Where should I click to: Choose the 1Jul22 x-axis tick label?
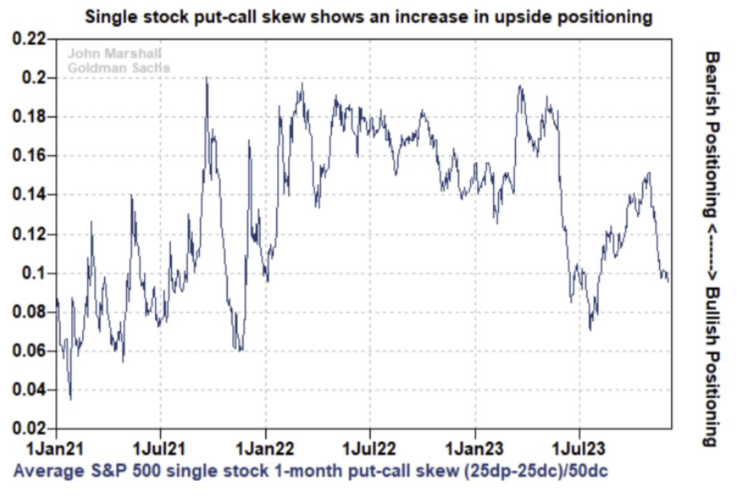pos(370,446)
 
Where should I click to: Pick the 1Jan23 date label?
pos(475,446)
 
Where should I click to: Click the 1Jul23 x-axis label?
pos(579,446)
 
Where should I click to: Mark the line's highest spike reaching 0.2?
pos(207,77)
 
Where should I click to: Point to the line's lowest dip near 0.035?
pos(71,399)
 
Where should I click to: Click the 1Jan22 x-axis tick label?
pos(265,446)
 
